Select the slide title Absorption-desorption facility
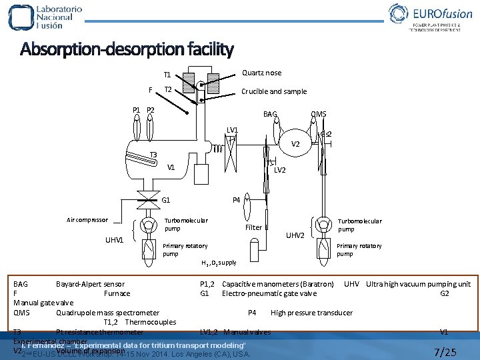point(127,49)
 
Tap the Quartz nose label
point(261,73)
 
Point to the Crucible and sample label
point(274,91)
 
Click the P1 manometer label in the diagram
point(136,110)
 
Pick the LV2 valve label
point(280,170)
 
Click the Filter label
point(253,227)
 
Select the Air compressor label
point(87,220)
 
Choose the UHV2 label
point(295,235)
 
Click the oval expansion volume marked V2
point(295,144)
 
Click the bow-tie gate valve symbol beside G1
point(144,199)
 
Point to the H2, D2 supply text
point(219,263)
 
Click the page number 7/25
point(445,351)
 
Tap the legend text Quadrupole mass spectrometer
point(107,313)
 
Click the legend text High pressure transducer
point(311,313)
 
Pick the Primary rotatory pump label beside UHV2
point(359,249)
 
